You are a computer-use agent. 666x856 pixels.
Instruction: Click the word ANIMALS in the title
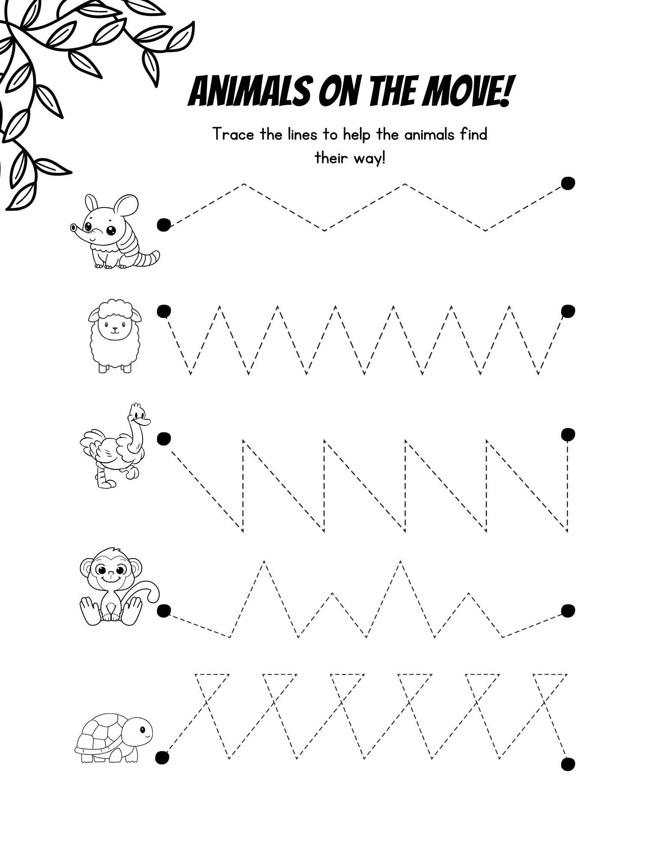[249, 92]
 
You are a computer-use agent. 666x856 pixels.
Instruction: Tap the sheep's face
[114, 328]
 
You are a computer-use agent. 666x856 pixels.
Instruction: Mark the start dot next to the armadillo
[164, 224]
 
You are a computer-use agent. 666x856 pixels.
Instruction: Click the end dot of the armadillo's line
[568, 183]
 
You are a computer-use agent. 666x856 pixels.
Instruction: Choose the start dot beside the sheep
[164, 311]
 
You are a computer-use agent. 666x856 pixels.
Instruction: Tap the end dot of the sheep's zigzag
[568, 311]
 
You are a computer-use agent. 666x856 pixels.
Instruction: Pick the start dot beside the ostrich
[164, 439]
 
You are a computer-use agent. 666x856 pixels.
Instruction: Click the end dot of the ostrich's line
[568, 434]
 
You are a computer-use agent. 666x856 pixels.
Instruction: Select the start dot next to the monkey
[164, 611]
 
